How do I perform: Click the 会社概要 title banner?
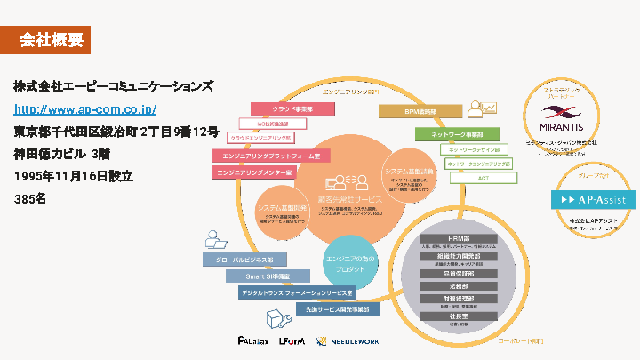(52, 39)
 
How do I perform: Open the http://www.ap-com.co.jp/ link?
(85, 109)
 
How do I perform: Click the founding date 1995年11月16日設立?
(73, 176)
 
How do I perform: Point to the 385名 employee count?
(29, 199)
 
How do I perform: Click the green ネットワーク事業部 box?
(451, 134)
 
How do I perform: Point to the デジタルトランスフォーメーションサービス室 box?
(296, 292)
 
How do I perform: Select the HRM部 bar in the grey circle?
(459, 238)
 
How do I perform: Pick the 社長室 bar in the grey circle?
(459, 316)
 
